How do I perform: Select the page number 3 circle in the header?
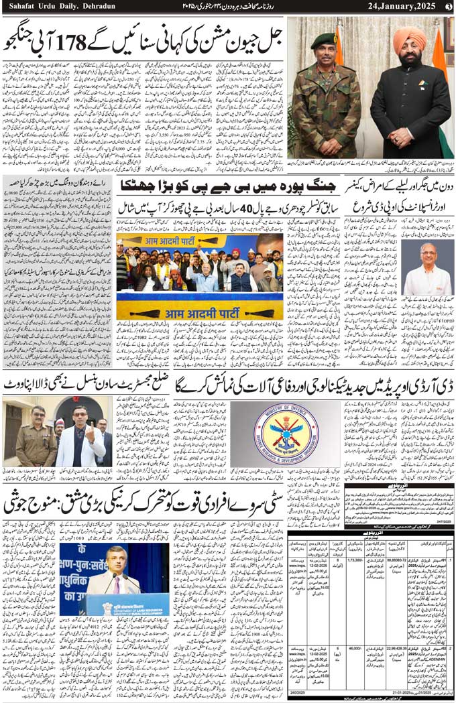[x=449, y=7]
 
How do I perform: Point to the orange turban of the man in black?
[x=410, y=41]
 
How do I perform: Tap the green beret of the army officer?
[x=324, y=41]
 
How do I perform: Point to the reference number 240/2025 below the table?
[x=298, y=694]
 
